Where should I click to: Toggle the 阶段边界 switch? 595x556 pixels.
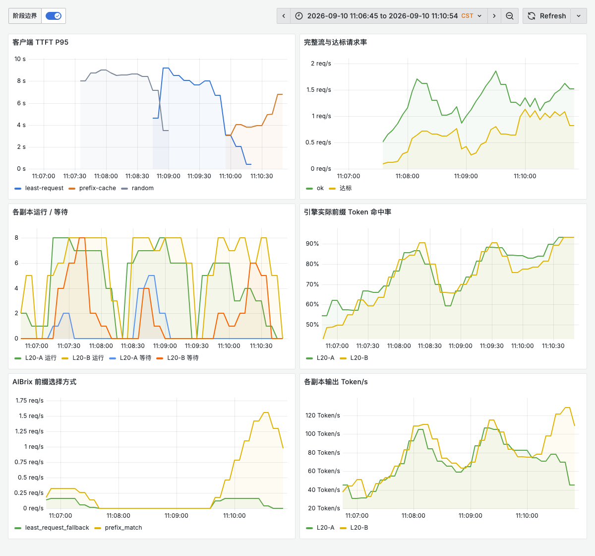54,16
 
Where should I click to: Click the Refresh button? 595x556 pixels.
547,16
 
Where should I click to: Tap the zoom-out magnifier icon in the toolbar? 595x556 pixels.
509,16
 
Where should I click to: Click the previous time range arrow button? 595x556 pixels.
284,16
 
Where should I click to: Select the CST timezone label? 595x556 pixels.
467,16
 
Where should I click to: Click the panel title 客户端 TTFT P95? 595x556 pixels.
41,42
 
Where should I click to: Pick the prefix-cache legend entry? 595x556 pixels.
92,188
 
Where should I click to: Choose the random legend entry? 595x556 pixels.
137,188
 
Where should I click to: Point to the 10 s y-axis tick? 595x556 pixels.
20,59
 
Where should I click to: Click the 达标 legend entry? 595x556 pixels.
340,188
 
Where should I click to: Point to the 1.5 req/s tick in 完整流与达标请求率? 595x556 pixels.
318,90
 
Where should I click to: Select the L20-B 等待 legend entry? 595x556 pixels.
178,357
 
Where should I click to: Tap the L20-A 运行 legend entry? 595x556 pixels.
36,357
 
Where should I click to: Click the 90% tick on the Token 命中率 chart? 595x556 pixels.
312,244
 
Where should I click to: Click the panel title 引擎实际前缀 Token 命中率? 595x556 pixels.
348,212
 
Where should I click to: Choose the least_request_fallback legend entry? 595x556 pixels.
52,528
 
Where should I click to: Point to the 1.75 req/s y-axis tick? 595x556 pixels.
29,401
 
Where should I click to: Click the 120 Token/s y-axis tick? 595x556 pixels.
323,416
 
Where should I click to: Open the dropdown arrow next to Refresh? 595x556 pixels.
579,16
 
